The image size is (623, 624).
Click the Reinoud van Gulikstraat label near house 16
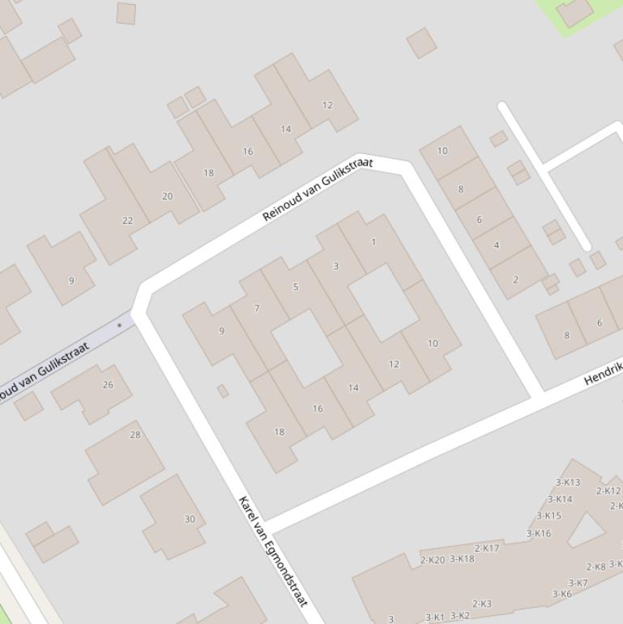[318, 190]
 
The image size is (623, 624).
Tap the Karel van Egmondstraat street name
[274, 551]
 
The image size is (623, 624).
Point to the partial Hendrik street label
[603, 372]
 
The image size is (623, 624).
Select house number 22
[127, 220]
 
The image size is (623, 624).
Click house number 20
[167, 196]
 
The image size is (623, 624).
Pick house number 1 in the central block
[373, 242]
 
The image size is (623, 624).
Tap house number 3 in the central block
[335, 266]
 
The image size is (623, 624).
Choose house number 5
[296, 287]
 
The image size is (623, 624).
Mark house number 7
[257, 308]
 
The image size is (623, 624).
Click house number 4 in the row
[496, 245]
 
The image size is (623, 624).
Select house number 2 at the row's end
[515, 280]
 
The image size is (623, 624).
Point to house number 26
[108, 385]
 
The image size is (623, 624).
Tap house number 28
[135, 434]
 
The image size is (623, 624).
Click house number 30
[190, 519]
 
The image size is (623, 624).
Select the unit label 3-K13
[567, 483]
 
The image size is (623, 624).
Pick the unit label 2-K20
[433, 560]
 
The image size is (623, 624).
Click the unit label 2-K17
[487, 549]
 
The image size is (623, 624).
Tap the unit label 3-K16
[539, 533]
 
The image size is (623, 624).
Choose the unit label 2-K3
[481, 604]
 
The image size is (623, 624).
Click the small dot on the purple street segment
[120, 325]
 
